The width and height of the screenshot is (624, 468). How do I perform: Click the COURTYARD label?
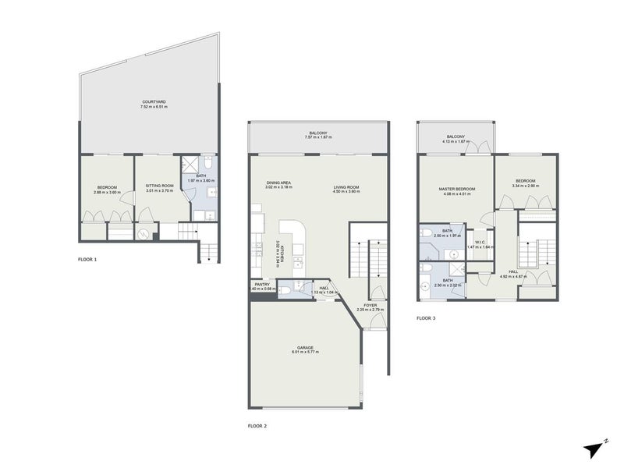click(x=153, y=101)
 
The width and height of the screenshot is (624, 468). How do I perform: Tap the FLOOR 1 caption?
click(x=88, y=258)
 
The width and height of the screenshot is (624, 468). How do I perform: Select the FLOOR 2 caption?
click(x=257, y=425)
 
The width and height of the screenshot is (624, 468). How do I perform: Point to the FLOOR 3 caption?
click(x=427, y=318)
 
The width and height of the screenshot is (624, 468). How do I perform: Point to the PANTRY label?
click(x=262, y=284)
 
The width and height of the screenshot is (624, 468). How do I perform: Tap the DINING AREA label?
click(x=278, y=183)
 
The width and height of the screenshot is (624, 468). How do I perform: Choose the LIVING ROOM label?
click(x=346, y=187)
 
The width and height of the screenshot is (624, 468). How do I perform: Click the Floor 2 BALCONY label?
click(x=317, y=133)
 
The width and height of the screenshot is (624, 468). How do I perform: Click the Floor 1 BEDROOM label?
click(x=107, y=186)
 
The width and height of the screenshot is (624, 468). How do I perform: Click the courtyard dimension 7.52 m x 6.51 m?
click(x=153, y=107)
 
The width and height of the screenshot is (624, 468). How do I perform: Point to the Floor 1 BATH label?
click(x=200, y=175)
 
